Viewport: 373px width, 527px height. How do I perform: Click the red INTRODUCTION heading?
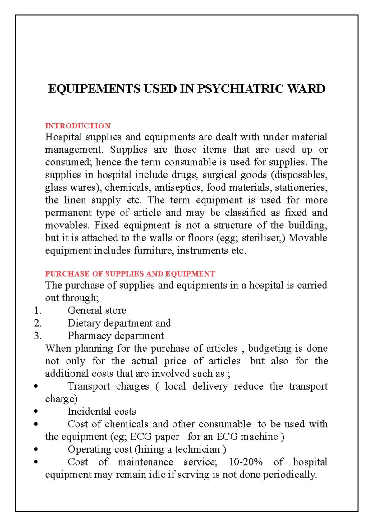(x=78, y=126)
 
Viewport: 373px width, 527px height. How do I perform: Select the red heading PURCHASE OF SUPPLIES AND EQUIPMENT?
(x=130, y=274)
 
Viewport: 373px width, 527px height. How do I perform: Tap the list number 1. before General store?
(x=38, y=311)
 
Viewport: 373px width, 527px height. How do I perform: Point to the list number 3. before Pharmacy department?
(x=38, y=336)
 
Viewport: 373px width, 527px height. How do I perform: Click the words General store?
(x=97, y=310)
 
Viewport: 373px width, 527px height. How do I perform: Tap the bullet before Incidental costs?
(x=36, y=412)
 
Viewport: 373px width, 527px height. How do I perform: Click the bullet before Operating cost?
(x=36, y=449)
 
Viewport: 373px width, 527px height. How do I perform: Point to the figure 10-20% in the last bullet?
(x=246, y=462)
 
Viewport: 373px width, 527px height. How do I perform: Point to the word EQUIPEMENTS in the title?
(x=94, y=89)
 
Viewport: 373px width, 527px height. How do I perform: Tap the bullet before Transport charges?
(x=36, y=386)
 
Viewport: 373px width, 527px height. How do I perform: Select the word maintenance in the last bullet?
(x=145, y=462)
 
